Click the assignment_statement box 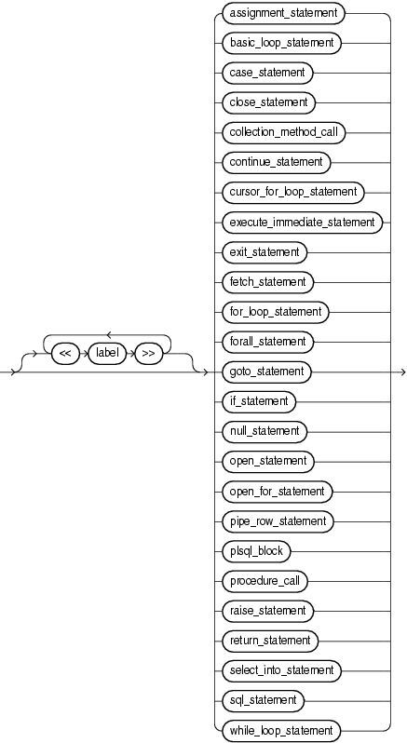coord(282,13)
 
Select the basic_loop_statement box coord(280,43)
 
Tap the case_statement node coord(267,73)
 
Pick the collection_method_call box coord(283,132)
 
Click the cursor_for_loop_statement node coord(292,192)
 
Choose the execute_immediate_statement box coord(301,222)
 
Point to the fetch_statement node coord(268,281)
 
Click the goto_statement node coord(265,371)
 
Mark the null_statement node coord(264,431)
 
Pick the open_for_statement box coord(276,491)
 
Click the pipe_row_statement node coord(277,520)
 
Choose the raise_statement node coord(267,611)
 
